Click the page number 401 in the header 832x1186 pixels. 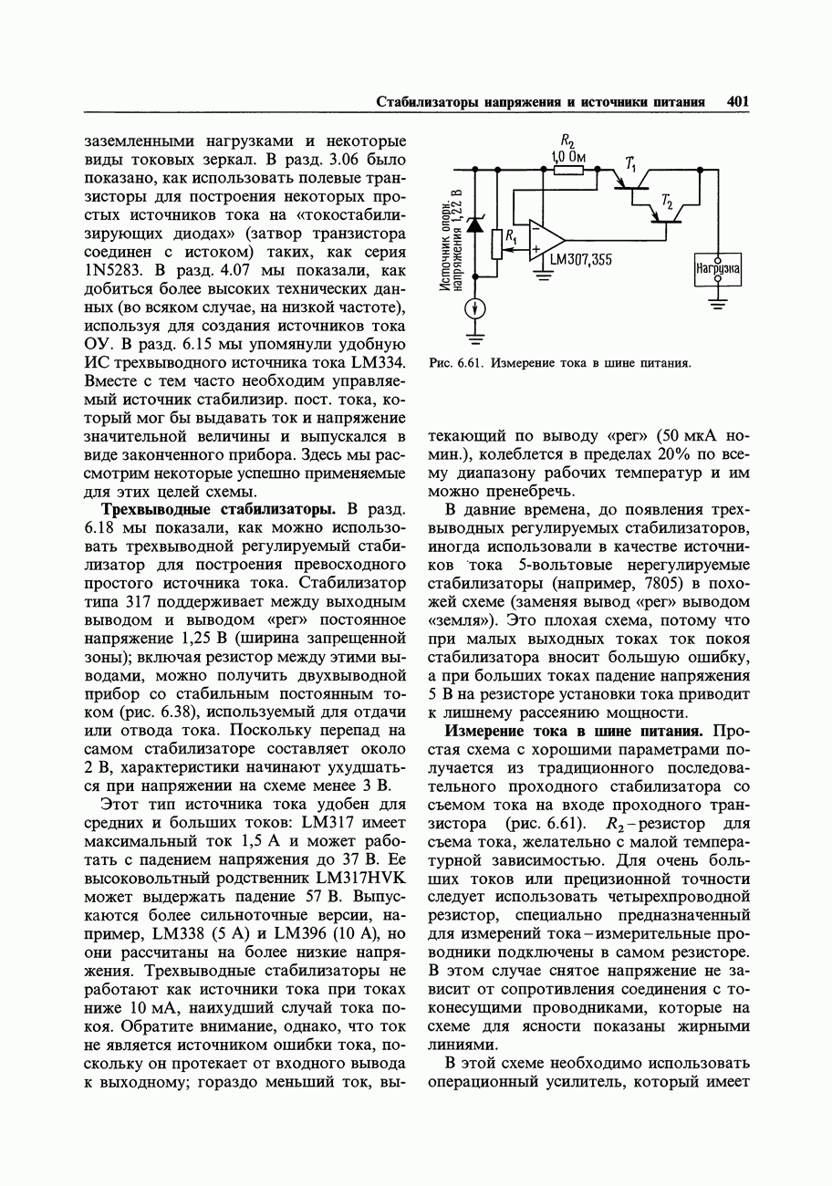(737, 102)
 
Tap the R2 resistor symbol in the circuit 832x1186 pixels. (568, 169)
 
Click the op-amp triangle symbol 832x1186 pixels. (545, 240)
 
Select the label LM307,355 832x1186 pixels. (580, 259)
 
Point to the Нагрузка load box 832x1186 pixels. (718, 269)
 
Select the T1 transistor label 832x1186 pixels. (630, 162)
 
